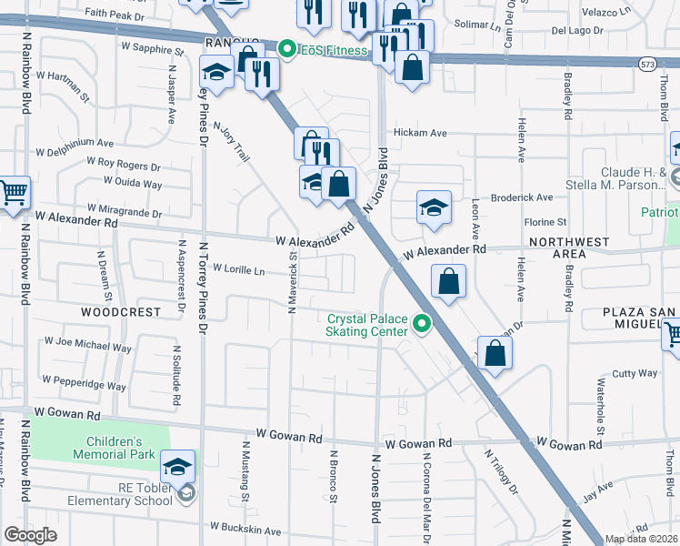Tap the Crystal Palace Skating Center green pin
point(421,323)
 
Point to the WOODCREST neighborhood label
point(121,311)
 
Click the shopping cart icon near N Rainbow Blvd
point(14,193)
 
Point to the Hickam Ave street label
point(420,133)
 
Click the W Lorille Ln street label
point(238,269)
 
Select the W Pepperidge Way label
point(83,383)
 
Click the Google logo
point(31,535)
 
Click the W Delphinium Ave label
point(75,144)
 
